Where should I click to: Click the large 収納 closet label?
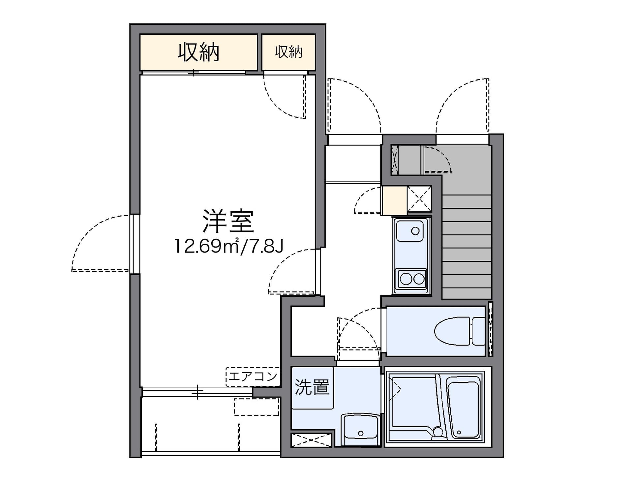pyautogui.click(x=198, y=52)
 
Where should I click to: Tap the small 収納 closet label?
pyautogui.click(x=288, y=52)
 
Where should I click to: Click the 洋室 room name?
pyautogui.click(x=228, y=221)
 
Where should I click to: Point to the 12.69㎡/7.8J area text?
pyautogui.click(x=228, y=246)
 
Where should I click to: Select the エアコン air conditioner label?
pyautogui.click(x=253, y=376)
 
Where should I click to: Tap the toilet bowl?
pyautogui.click(x=452, y=331)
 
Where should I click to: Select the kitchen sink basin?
pyautogui.click(x=410, y=231)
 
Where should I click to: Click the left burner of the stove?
pyautogui.click(x=406, y=279)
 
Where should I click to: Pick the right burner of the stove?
pyautogui.click(x=419, y=279)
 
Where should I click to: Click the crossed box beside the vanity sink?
pyautogui.click(x=311, y=440)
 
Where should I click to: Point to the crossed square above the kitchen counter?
pyautogui.click(x=419, y=199)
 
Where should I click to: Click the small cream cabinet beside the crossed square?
pyautogui.click(x=394, y=200)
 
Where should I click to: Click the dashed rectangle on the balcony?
pyautogui.click(x=256, y=407)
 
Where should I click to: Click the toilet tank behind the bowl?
pyautogui.click(x=478, y=331)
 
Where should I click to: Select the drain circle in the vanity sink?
pyautogui.click(x=361, y=433)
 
